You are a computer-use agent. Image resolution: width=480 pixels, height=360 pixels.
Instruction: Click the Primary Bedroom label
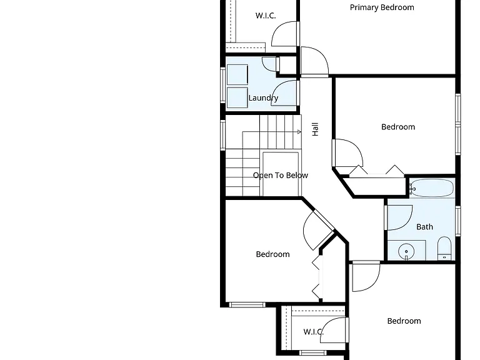[382, 7]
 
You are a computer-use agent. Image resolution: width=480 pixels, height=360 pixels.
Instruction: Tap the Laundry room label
[263, 98]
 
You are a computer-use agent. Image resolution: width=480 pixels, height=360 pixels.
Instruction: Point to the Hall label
[315, 129]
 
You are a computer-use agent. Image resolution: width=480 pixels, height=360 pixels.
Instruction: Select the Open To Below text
[281, 176]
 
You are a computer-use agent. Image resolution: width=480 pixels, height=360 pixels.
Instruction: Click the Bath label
[424, 227]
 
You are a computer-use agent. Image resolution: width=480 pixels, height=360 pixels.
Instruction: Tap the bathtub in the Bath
[432, 188]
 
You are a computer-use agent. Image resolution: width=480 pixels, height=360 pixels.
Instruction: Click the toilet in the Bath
[444, 248]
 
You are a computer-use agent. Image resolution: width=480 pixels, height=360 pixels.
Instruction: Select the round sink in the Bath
[406, 252]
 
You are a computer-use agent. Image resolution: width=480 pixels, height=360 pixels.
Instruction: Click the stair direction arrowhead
[299, 132]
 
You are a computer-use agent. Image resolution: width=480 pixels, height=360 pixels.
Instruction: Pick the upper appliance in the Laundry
[237, 74]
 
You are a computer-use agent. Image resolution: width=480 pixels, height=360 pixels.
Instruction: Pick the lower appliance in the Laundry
[237, 97]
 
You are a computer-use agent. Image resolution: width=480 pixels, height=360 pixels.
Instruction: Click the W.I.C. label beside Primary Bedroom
[266, 16]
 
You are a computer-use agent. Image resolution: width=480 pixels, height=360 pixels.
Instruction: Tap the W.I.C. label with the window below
[314, 332]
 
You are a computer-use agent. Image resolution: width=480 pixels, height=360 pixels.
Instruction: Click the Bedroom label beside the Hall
[398, 127]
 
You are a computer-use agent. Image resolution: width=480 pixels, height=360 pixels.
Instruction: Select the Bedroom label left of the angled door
[272, 254]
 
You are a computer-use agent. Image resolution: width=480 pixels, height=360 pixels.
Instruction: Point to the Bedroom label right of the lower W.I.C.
[404, 321]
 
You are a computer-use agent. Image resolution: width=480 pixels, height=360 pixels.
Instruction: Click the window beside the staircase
[223, 135]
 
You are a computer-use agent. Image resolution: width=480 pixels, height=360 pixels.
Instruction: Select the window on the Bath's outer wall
[458, 221]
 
